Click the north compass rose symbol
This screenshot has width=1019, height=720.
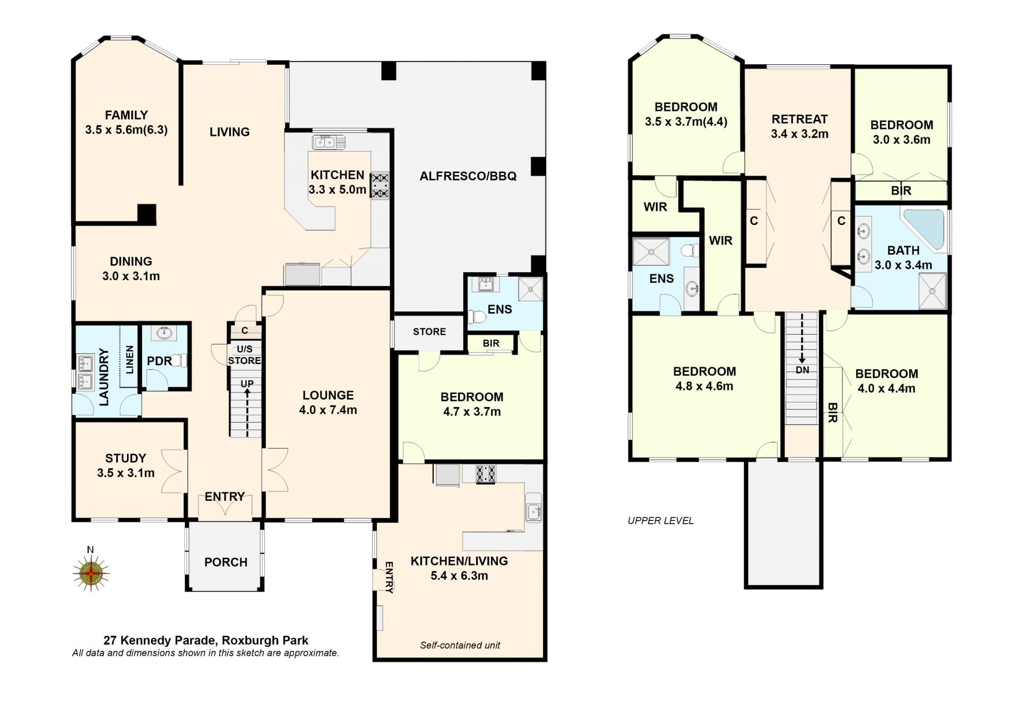pyautogui.click(x=91, y=573)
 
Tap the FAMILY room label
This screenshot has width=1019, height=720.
pyautogui.click(x=126, y=115)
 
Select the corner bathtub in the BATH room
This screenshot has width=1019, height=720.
pyautogui.click(x=924, y=229)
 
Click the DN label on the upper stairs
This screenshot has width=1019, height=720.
pyautogui.click(x=802, y=370)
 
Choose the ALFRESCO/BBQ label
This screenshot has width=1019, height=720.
pyautogui.click(x=468, y=176)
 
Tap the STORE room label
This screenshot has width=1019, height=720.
pyautogui.click(x=429, y=332)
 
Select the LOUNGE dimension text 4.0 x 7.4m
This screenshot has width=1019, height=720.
pyautogui.click(x=328, y=410)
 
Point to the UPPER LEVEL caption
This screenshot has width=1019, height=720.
pyautogui.click(x=661, y=521)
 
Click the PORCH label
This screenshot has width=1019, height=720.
pyautogui.click(x=226, y=562)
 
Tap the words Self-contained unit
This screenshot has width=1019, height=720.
pyautogui.click(x=460, y=645)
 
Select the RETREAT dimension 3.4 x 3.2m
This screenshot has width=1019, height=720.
pyautogui.click(x=800, y=134)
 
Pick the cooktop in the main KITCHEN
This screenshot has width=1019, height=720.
pyautogui.click(x=380, y=186)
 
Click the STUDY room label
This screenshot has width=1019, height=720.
pyautogui.click(x=126, y=458)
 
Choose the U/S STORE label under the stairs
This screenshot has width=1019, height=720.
pyautogui.click(x=245, y=355)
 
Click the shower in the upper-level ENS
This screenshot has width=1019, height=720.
pyautogui.click(x=651, y=251)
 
